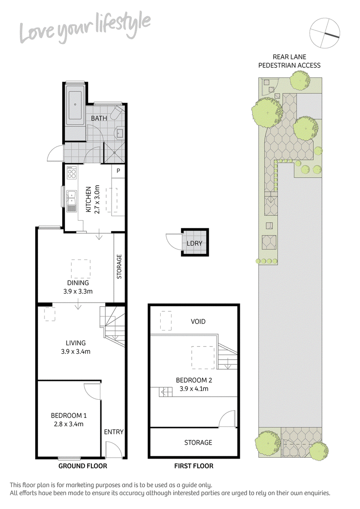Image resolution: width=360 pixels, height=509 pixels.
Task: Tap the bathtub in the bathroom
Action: point(75,104)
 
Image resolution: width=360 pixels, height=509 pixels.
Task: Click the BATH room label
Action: point(99,118)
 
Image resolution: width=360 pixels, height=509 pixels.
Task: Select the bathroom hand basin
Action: point(119,132)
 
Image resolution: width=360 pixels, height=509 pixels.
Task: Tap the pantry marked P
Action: point(118,171)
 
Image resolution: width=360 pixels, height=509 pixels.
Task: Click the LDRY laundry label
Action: point(194,244)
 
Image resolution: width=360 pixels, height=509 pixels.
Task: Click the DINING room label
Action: point(78,283)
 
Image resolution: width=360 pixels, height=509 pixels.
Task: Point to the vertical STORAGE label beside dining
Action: point(119,267)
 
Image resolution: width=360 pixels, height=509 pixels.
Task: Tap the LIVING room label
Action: point(75,343)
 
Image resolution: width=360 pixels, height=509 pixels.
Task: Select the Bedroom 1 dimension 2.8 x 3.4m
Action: point(67,424)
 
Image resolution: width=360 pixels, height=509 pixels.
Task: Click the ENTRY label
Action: point(113,432)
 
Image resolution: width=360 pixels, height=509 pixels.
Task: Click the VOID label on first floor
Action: point(198,321)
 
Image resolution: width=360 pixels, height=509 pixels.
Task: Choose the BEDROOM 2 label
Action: point(193,380)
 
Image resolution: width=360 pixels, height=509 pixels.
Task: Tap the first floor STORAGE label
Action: point(198,442)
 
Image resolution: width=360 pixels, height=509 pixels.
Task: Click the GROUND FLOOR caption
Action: point(83,466)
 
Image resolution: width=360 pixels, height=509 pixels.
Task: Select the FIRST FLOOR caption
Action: point(193,466)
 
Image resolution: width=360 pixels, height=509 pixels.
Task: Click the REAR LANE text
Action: point(289,57)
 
